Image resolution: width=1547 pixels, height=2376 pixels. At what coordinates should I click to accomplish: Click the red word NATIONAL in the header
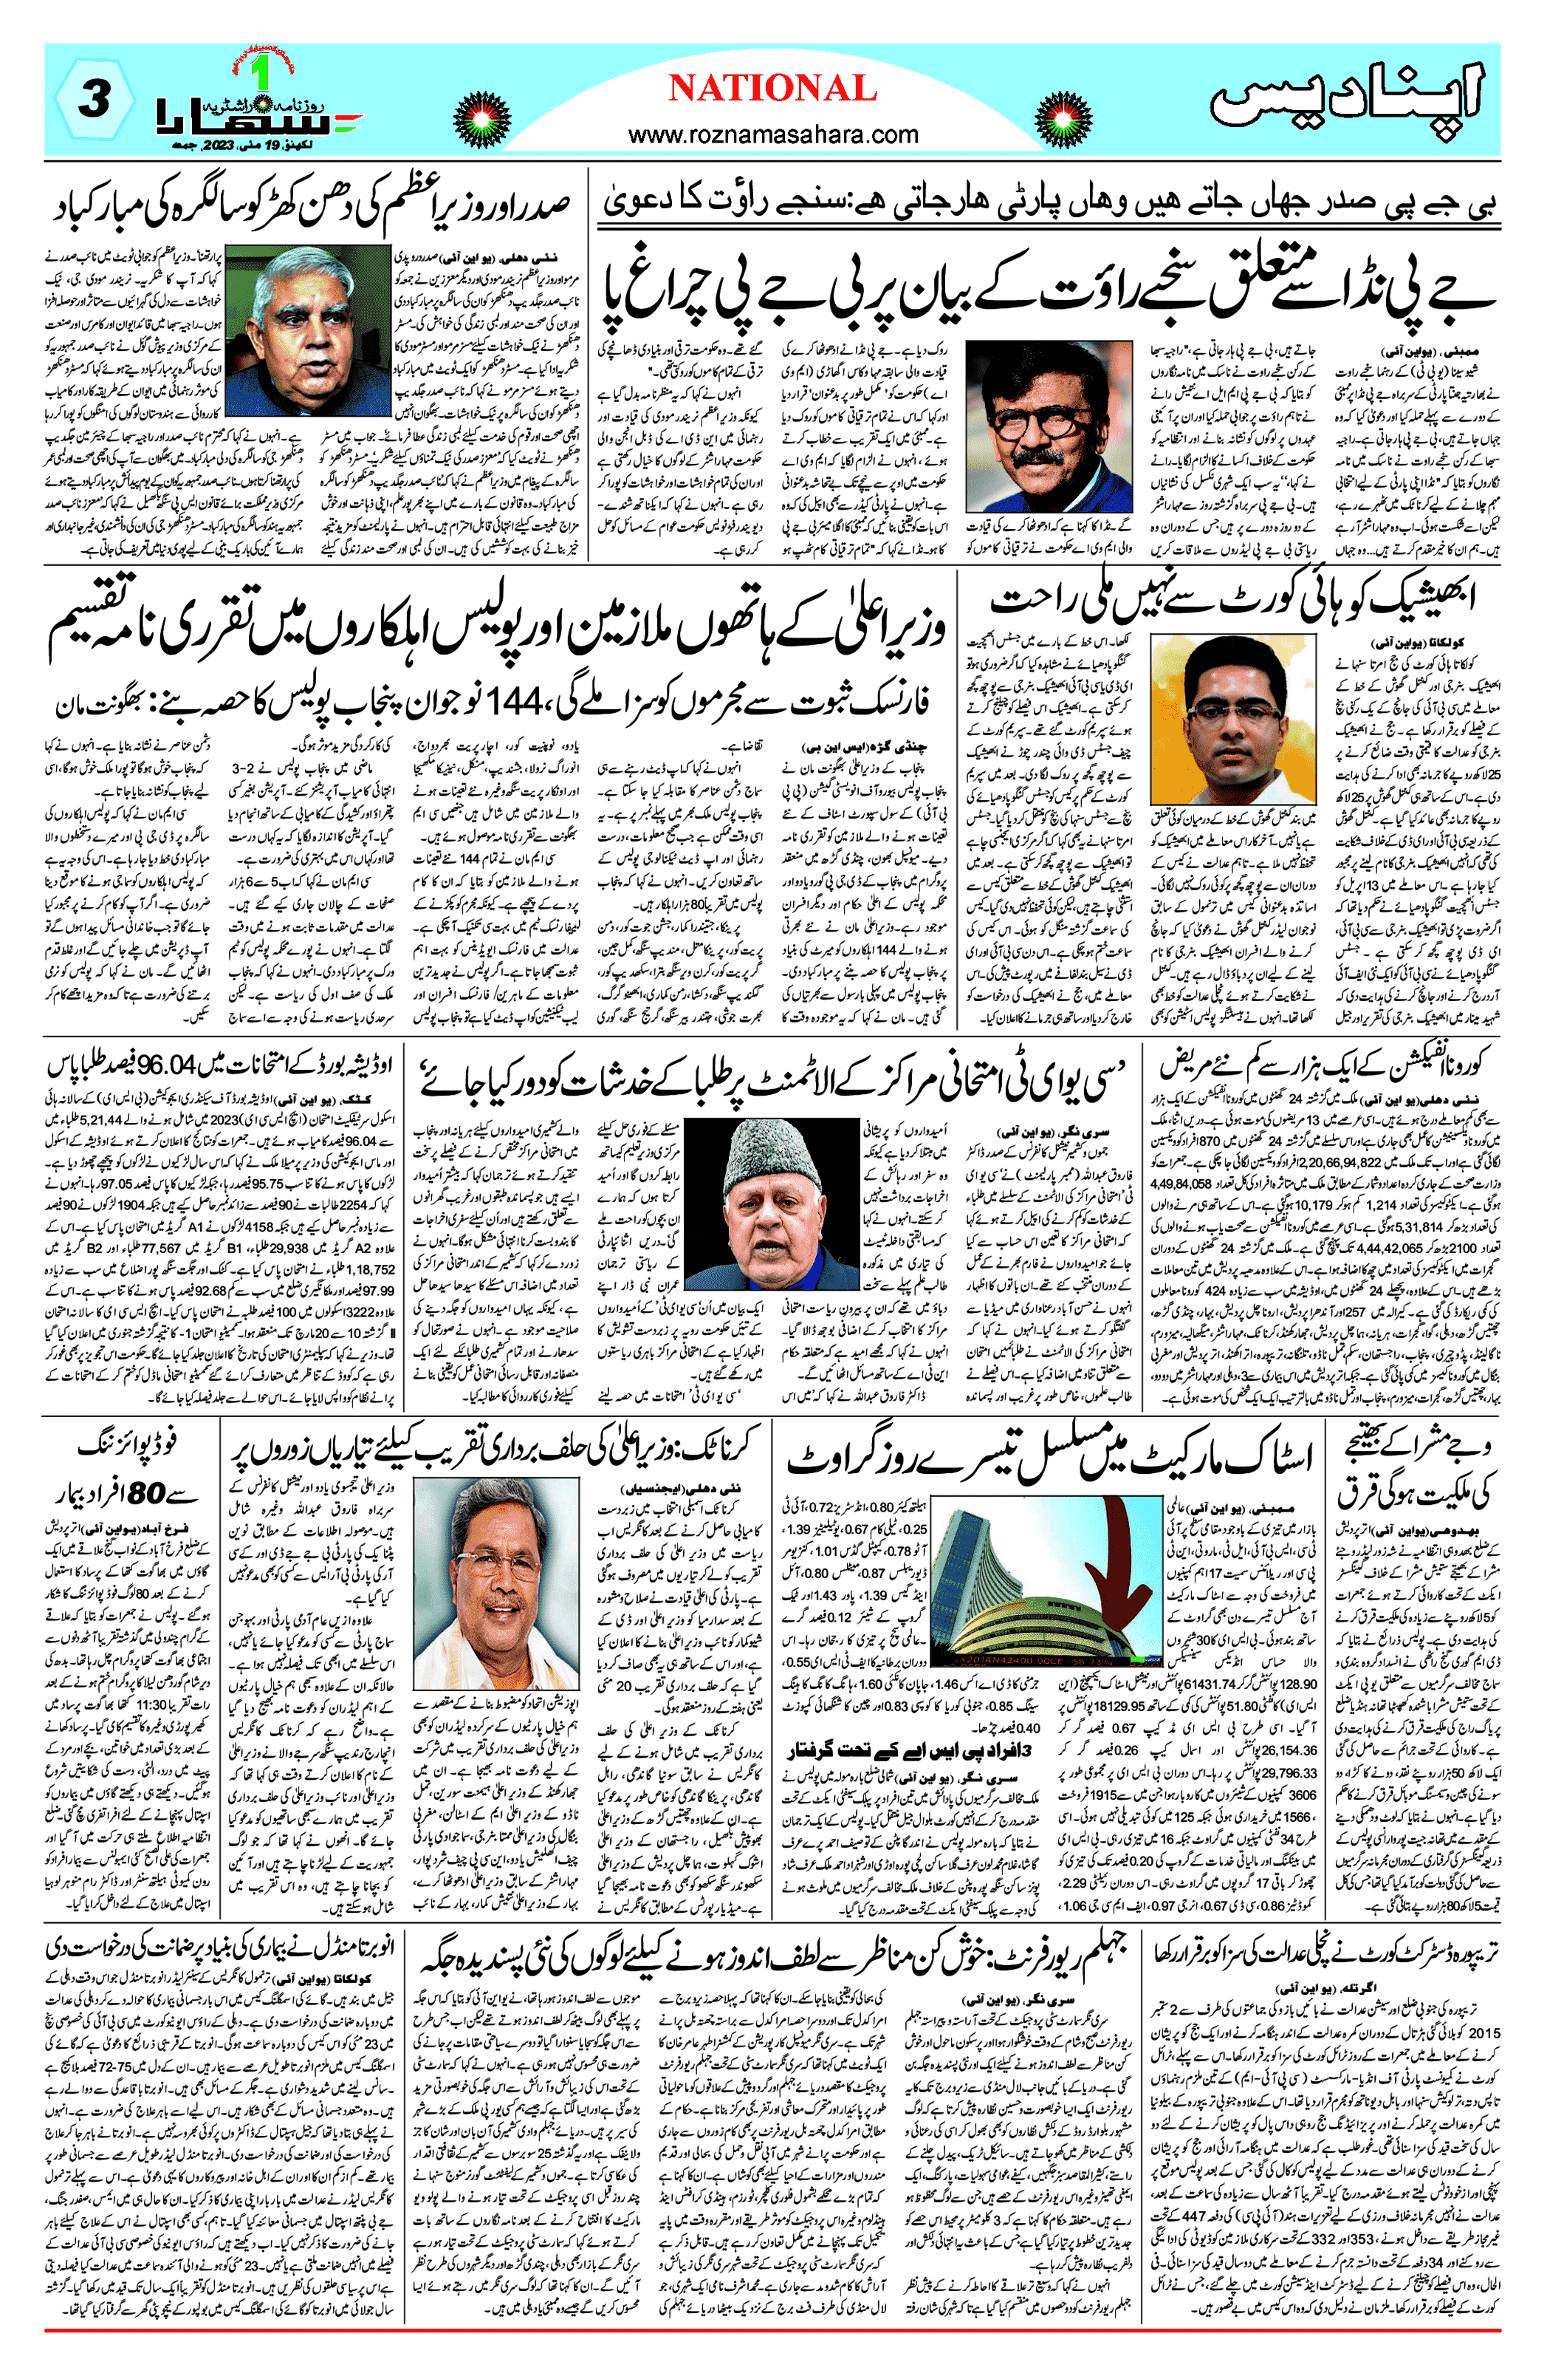click(772, 89)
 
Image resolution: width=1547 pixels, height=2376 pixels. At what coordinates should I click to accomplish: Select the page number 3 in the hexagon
click(94, 100)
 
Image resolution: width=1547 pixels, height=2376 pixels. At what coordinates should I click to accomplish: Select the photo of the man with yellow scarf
click(1049, 426)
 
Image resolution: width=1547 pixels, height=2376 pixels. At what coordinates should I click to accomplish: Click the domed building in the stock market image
click(1008, 1588)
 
